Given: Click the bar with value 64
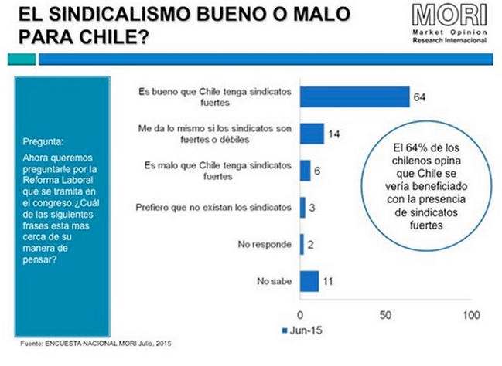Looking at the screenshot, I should pyautogui.click(x=355, y=97).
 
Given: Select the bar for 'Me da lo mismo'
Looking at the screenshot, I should pyautogui.click(x=312, y=133).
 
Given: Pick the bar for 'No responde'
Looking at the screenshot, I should pyautogui.click(x=302, y=244).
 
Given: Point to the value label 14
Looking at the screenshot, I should pyautogui.click(x=335, y=134).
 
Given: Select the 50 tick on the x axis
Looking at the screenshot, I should pyautogui.click(x=384, y=315).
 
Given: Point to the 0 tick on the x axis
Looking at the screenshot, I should pyautogui.click(x=301, y=315).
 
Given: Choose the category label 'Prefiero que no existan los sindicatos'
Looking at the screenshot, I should pyautogui.click(x=217, y=207).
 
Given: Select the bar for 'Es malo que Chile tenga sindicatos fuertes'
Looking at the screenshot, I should pyautogui.click(x=306, y=170).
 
